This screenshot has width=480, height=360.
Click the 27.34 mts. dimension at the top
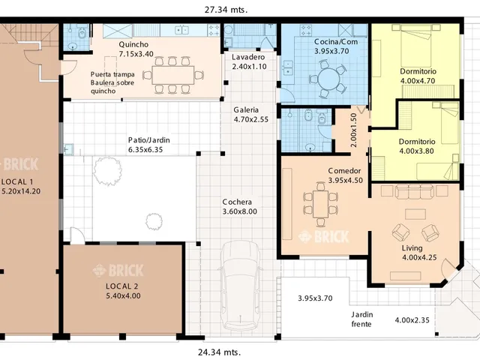226,10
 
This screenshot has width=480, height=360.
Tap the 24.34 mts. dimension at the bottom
219,352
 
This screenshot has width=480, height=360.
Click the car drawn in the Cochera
240,285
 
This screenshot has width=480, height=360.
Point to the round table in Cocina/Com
328,79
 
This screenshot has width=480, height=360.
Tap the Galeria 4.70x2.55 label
250,115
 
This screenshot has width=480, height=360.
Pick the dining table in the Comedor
320,204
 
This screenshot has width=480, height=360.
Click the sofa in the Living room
414,191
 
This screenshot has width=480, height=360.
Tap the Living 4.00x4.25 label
419,253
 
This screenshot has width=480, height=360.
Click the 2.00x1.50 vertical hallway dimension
353,130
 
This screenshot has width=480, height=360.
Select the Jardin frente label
361,319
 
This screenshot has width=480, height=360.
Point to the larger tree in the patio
107,171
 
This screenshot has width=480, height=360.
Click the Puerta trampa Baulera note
112,82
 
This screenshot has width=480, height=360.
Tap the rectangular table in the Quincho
173,75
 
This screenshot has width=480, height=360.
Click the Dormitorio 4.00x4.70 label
418,76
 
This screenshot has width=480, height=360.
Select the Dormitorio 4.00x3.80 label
417,146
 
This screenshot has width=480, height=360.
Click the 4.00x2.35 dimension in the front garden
412,320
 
